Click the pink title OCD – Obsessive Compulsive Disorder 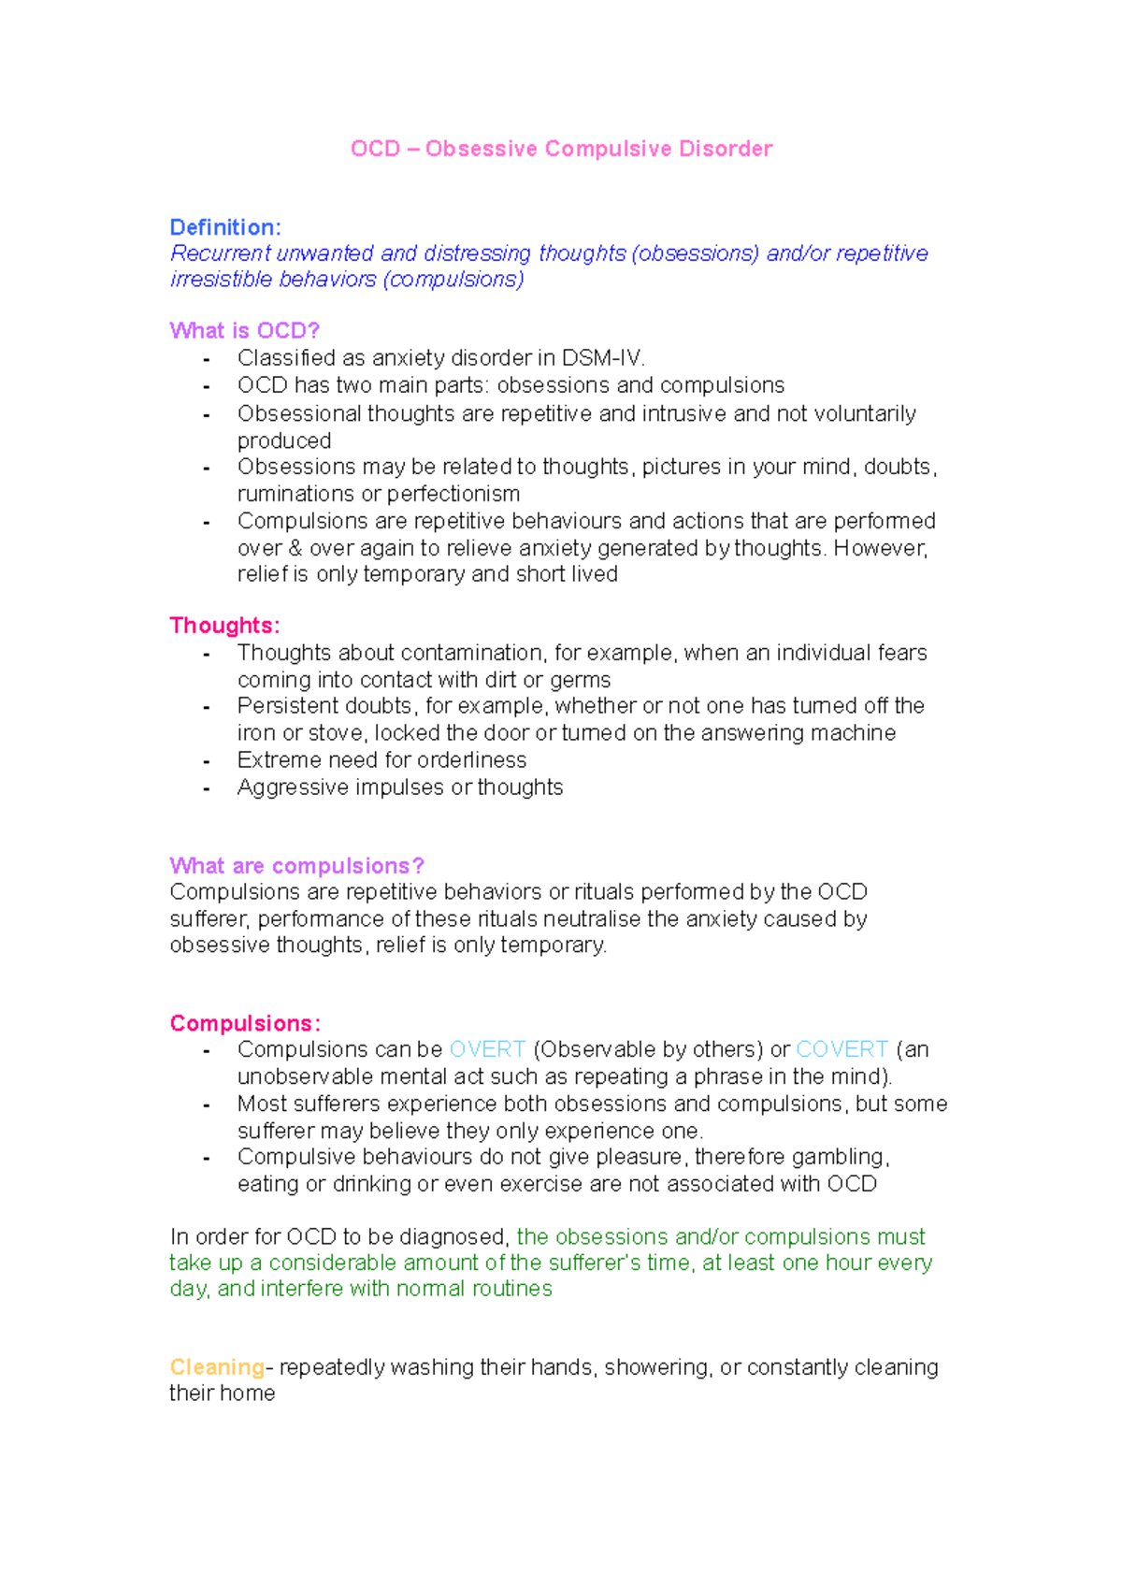(x=561, y=149)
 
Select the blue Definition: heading (x=224, y=227)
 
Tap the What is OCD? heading (x=244, y=330)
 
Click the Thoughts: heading (x=224, y=625)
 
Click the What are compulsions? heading (x=296, y=865)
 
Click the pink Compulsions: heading (x=245, y=1023)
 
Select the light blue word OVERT (x=487, y=1049)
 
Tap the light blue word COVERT (x=841, y=1049)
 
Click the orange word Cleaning (x=217, y=1366)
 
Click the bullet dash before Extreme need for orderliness (x=206, y=761)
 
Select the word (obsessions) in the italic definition (x=695, y=253)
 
